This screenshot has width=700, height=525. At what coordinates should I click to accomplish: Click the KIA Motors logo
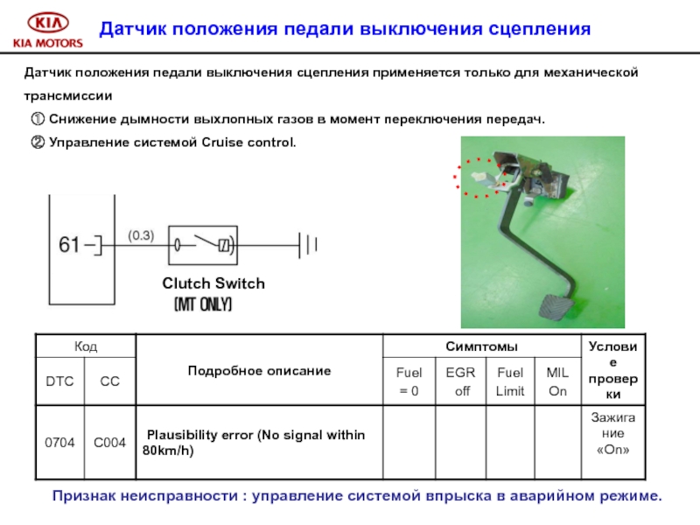coord(46,29)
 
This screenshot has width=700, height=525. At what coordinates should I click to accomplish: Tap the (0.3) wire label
coord(141,234)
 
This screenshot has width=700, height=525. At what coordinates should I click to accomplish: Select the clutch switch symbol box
coord(203,245)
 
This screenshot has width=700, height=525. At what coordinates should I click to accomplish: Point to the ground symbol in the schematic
coord(308,245)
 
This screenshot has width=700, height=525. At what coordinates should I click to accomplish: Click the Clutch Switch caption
coord(213,283)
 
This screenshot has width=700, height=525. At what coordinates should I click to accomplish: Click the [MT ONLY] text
coord(203,304)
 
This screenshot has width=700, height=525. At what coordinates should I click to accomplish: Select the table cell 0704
coord(59,442)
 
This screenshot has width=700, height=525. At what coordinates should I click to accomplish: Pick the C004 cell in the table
coord(109,442)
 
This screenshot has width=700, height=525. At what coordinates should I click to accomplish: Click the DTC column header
coord(59,381)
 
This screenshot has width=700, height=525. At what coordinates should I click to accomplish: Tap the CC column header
coord(109,381)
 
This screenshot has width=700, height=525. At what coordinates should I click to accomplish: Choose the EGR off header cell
coord(460,381)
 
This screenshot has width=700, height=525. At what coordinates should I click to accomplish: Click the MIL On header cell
coord(557,381)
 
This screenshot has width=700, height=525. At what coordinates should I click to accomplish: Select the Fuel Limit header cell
coord(510,381)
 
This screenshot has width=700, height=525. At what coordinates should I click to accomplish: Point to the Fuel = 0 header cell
coord(409,381)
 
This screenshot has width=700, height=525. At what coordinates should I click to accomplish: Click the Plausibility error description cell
coord(258,443)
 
